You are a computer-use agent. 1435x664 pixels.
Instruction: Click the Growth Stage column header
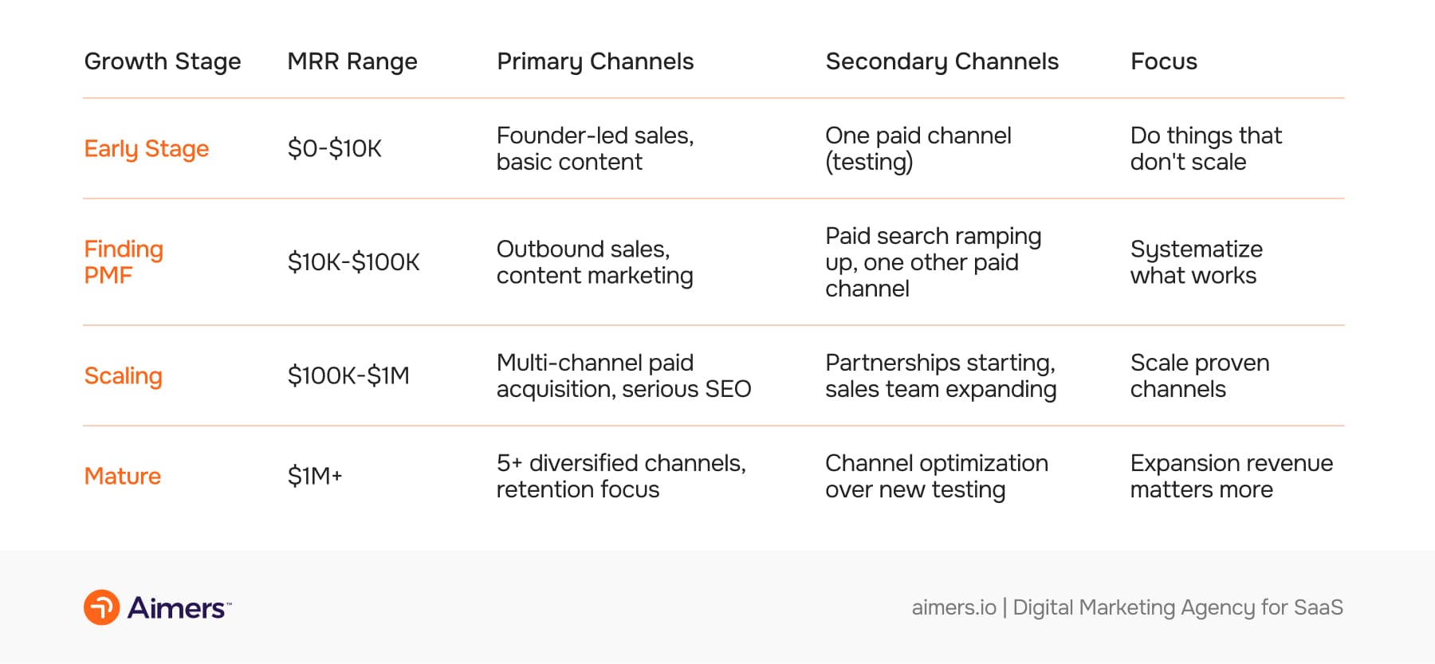click(162, 61)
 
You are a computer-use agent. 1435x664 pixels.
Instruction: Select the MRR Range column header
click(352, 61)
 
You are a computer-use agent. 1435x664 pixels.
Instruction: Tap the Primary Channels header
click(595, 61)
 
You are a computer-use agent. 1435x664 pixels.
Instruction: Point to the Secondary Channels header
click(942, 61)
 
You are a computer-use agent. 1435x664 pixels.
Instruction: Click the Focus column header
click(1163, 61)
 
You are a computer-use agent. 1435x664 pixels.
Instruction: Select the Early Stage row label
click(146, 149)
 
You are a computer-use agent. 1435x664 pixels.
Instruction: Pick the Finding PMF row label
click(124, 262)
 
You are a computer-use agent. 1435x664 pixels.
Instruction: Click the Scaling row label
click(123, 375)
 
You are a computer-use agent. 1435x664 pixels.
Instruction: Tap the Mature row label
click(122, 476)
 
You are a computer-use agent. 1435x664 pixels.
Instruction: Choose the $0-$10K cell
click(334, 149)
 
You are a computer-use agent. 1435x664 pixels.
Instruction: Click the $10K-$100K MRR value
click(353, 262)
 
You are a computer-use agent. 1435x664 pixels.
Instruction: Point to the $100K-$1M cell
click(348, 375)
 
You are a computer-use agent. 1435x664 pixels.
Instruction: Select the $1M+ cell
click(315, 476)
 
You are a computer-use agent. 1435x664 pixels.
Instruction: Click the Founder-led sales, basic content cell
click(595, 149)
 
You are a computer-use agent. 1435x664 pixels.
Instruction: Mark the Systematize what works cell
click(1196, 262)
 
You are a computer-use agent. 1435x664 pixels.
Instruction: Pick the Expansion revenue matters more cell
click(1231, 476)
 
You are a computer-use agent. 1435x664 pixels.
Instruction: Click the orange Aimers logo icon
click(102, 607)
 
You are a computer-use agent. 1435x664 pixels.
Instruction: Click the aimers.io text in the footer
click(953, 607)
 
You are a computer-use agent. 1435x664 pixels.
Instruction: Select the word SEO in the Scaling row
click(728, 389)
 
